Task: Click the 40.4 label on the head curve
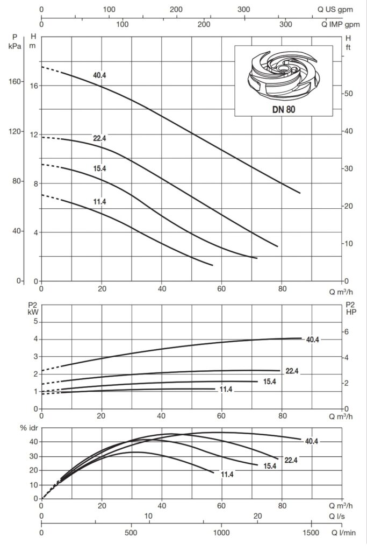click(x=99, y=75)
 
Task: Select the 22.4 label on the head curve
click(x=99, y=138)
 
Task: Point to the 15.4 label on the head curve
click(x=99, y=168)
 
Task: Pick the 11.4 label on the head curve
click(x=99, y=202)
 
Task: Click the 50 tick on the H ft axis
click(x=348, y=94)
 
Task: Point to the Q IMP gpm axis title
click(x=341, y=24)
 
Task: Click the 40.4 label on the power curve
click(x=313, y=339)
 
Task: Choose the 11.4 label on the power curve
click(x=226, y=389)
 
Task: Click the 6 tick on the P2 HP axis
click(x=347, y=332)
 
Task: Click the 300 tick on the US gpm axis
click(x=244, y=9)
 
